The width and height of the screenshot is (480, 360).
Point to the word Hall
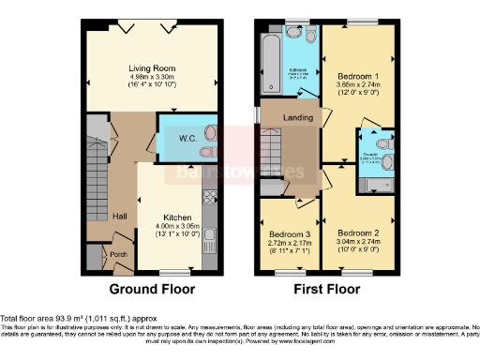(120, 217)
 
